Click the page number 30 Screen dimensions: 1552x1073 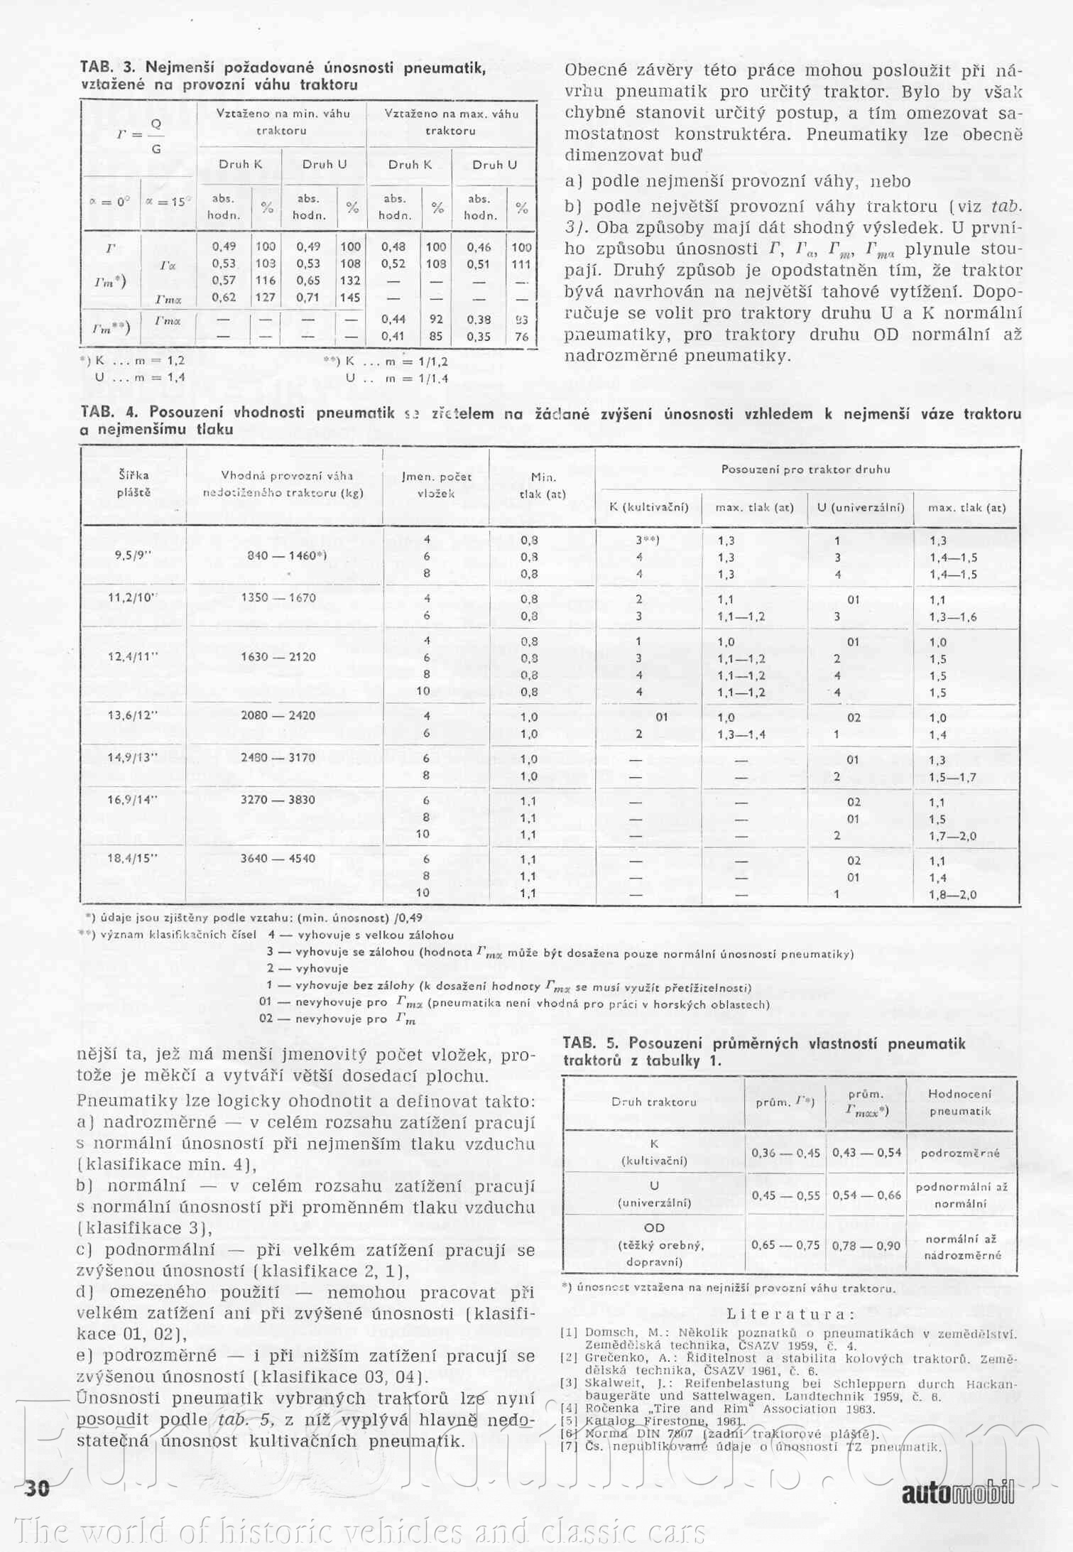[x=37, y=1488]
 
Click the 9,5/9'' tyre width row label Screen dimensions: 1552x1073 [x=134, y=556]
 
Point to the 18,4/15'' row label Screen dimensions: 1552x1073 [x=132, y=858]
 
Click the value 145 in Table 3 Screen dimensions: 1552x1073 [x=350, y=298]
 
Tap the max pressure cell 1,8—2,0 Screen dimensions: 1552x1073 [x=952, y=894]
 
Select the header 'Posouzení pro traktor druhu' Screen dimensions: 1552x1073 [x=805, y=469]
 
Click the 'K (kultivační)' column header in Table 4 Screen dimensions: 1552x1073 [x=649, y=507]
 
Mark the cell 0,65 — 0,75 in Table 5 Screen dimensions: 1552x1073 [x=785, y=1244]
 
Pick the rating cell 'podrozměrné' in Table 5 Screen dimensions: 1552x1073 [x=960, y=1153]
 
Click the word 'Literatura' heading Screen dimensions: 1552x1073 [x=788, y=1314]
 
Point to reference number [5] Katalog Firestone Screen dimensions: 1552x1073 [x=569, y=1421]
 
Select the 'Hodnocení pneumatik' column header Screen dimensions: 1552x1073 [x=959, y=1102]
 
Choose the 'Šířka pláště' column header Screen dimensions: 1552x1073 [x=134, y=484]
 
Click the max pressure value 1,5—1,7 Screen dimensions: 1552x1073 [x=952, y=776]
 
